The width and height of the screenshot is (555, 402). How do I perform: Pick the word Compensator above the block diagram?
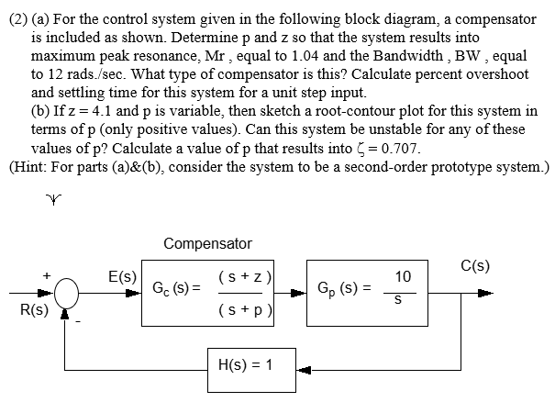[x=206, y=244]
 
